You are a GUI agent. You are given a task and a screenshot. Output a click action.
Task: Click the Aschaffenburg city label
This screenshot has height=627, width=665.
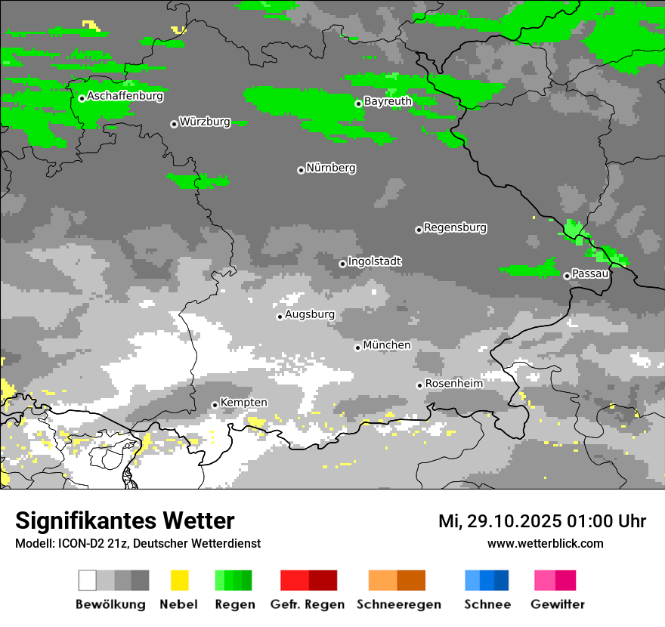tap(125, 96)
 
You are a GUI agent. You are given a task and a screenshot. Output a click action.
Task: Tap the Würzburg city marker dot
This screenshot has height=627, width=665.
tap(174, 124)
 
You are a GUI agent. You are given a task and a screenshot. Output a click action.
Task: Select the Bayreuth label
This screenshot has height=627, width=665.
tap(388, 101)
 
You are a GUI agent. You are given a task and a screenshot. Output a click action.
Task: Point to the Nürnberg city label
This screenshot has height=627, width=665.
tap(330, 168)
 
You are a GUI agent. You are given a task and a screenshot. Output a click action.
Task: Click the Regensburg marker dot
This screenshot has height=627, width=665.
tap(419, 230)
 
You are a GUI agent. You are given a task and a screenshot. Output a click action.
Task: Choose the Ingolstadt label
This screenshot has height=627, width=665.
tap(374, 261)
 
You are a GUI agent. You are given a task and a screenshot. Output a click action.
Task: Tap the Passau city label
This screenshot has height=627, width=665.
tap(590, 273)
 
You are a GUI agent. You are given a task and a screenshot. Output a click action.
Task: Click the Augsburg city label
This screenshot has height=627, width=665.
tap(309, 314)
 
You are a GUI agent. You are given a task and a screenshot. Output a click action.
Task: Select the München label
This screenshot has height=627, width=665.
tap(387, 345)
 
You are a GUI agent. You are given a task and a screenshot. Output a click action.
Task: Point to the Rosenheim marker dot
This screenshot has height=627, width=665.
tap(419, 385)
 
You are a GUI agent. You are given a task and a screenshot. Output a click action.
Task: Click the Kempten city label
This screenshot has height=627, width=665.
tap(243, 403)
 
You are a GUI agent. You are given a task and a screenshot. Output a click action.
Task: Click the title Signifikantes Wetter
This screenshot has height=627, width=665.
tap(125, 520)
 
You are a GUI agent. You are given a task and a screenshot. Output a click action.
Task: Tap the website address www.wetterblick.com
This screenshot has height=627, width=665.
tap(545, 543)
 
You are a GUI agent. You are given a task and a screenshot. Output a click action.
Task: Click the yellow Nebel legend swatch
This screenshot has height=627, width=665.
tap(179, 580)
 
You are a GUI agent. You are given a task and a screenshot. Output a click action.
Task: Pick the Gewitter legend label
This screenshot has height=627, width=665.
tap(557, 604)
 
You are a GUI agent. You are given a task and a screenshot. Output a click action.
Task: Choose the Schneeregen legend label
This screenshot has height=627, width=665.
tap(398, 604)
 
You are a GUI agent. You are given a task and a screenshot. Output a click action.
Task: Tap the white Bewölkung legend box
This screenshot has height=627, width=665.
tap(88, 580)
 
